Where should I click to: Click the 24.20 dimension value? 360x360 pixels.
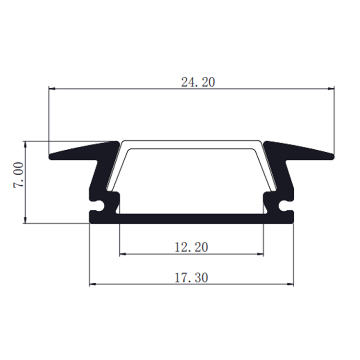click(198, 82)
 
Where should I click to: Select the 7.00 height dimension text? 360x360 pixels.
click(18, 175)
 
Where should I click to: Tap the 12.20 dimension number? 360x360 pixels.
click(191, 248)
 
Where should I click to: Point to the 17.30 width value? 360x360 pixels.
click(191, 277)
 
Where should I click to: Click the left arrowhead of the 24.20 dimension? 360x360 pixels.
click(52, 89)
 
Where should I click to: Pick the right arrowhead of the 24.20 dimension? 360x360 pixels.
click(331, 89)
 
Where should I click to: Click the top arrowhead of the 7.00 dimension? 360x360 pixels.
click(25, 144)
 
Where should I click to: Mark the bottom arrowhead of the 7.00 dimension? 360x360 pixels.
click(25, 220)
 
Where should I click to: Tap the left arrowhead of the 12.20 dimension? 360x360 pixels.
click(123, 254)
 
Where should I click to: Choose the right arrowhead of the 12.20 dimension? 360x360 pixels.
click(260, 254)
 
